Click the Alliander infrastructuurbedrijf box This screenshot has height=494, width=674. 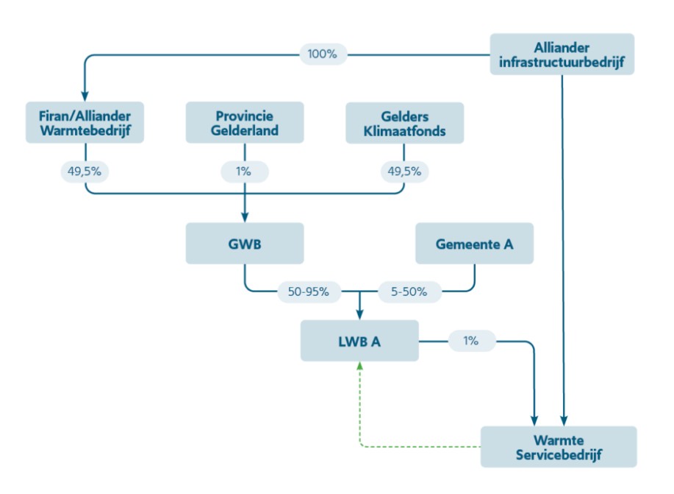pos(562,54)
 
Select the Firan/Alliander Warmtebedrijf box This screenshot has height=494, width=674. pos(85,123)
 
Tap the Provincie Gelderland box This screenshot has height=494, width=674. pos(245,123)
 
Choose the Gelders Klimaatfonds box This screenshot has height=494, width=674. pos(405,123)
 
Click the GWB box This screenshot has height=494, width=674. pos(245,243)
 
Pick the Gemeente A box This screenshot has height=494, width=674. pos(474,243)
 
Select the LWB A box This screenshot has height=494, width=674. pos(359,340)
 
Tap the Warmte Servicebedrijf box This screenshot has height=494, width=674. pos(559,446)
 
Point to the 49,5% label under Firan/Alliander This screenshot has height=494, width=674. pos(85,172)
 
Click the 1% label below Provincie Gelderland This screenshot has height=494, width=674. pos(244,172)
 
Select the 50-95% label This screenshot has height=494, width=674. pos(309,292)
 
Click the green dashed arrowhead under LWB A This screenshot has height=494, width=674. pos(359,366)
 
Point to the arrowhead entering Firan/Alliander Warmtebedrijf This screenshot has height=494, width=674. pos(85,96)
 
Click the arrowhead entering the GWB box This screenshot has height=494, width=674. pos(245,217)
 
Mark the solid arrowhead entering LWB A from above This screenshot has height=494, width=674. pos(359,314)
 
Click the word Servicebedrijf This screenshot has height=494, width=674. pos(559,455)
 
